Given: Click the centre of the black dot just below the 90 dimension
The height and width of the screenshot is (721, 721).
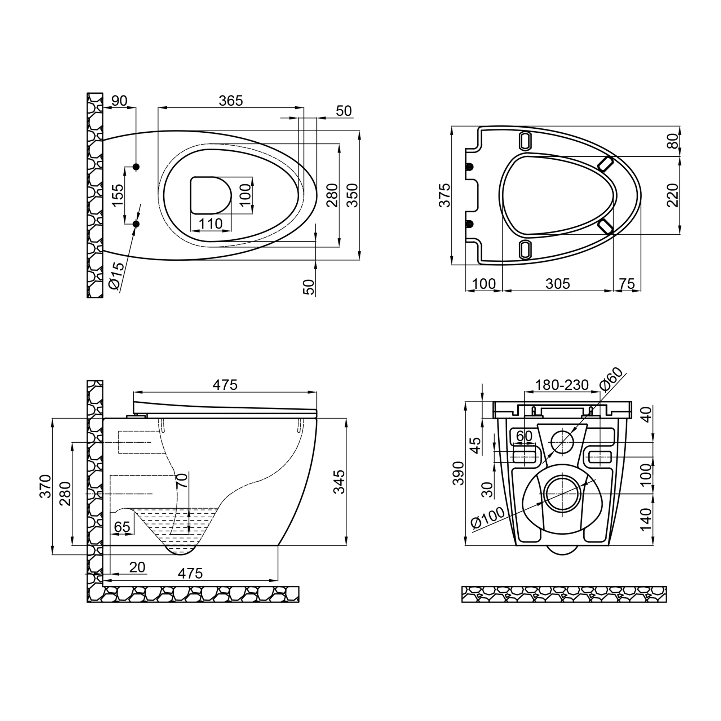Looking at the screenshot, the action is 136,167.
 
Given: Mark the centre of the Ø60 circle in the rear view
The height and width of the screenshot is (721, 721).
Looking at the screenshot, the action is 562,442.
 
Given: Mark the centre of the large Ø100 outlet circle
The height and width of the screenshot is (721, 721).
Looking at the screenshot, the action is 562,494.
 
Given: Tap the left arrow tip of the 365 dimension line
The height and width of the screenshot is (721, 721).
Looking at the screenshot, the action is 158,108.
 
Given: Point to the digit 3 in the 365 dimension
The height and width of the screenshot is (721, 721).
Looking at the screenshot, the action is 222,101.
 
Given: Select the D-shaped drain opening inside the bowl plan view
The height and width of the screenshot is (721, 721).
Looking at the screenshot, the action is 211,195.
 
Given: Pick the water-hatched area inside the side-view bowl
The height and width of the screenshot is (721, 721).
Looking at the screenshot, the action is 176,526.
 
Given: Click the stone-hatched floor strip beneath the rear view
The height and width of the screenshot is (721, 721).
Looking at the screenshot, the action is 564,594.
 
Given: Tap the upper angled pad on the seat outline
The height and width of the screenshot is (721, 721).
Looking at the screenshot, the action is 605,163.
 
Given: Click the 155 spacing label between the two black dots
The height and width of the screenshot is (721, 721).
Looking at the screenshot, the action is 117,195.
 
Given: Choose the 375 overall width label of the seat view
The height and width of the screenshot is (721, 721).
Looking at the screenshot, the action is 444,195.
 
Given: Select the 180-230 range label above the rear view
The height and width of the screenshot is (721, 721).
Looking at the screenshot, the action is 562,385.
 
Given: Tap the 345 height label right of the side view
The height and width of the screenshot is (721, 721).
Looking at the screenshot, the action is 339,482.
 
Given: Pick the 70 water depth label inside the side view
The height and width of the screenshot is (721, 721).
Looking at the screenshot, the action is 182,480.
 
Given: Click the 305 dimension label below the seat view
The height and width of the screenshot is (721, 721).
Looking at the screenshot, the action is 558,284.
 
